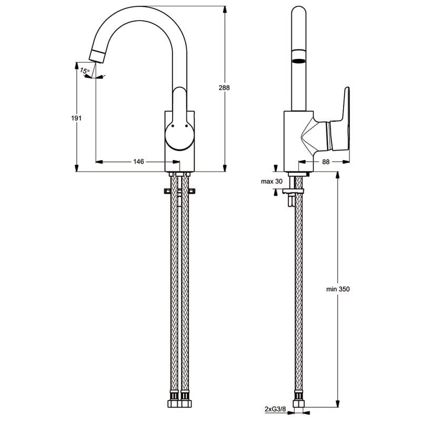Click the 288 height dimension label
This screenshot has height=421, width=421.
pos(224,87)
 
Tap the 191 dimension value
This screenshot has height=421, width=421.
pos(76,118)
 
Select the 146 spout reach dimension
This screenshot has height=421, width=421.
pos(138,162)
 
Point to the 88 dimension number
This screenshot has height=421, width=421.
pos(326,162)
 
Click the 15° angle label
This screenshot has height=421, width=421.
pos(85,71)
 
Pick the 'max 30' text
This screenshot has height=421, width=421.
pos(272,182)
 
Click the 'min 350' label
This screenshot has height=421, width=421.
pos(338,289)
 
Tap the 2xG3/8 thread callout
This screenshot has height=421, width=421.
pos(275,417)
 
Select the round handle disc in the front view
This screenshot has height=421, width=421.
pos(179,135)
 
